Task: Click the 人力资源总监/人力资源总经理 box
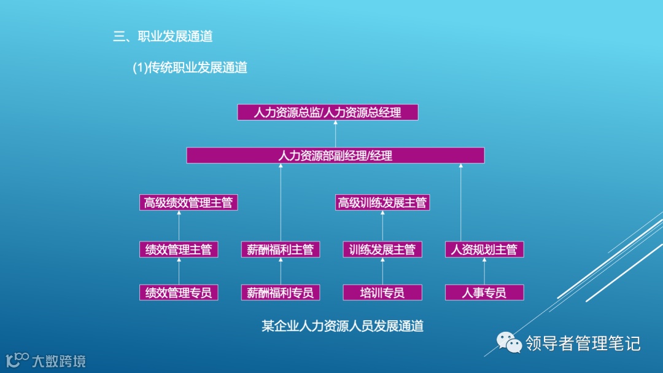[327, 112]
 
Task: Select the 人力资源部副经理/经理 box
[335, 155]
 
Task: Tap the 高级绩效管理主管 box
[188, 203]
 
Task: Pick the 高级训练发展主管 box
[382, 203]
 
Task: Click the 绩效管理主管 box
[179, 249]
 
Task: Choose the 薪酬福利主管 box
[281, 249]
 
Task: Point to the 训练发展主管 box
[382, 249]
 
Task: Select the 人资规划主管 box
[484, 249]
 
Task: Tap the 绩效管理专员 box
[179, 293]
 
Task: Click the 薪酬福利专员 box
[281, 293]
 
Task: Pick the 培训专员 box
[382, 293]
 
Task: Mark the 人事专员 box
[484, 293]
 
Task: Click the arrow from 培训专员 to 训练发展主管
[382, 271]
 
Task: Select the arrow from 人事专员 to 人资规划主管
[484, 271]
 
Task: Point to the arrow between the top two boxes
[335, 134]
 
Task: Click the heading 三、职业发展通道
[163, 37]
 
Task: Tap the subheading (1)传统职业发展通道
[190, 68]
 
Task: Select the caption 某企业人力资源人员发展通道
[343, 326]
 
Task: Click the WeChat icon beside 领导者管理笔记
[509, 343]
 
